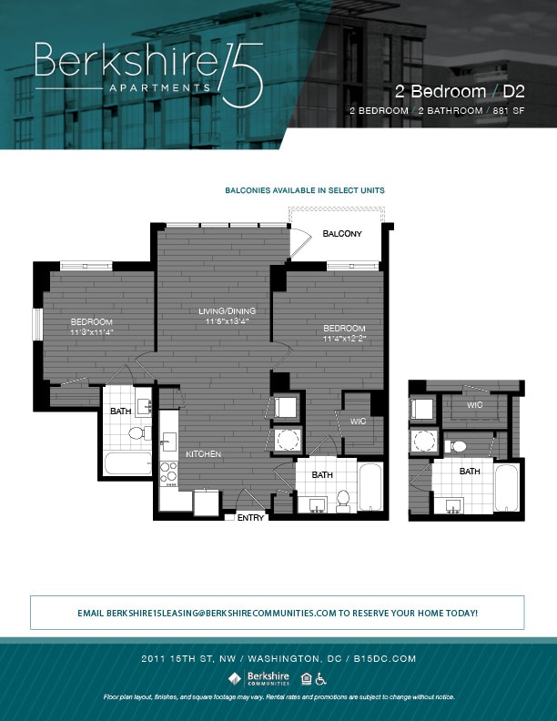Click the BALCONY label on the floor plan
coord(342,234)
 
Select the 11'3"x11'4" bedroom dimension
coord(91,332)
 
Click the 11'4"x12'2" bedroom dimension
coord(344,339)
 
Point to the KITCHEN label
coord(204,453)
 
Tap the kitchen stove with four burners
coord(168,472)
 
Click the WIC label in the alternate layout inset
coord(474,405)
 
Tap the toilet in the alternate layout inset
coord(458,446)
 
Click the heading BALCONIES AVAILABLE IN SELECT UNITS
coord(305,191)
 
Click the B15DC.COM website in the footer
coord(394,657)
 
